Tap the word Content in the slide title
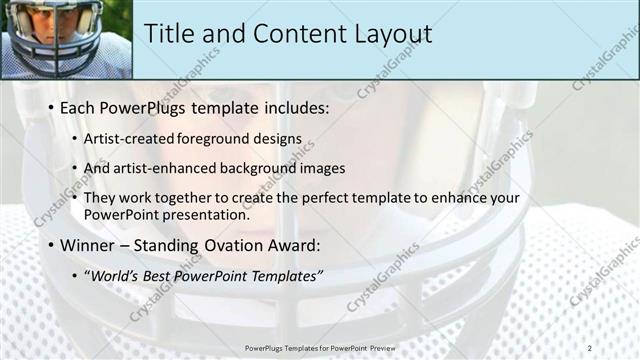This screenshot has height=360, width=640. click(x=292, y=33)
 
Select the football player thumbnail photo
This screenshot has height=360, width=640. click(x=66, y=39)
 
